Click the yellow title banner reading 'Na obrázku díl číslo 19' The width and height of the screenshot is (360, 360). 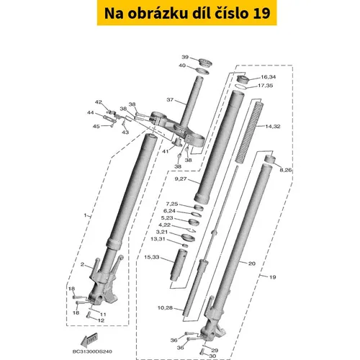coord(186,13)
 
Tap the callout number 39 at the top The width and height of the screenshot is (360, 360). coord(185,57)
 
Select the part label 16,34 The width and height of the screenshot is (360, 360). coord(269,77)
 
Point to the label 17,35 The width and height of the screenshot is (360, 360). coord(266,86)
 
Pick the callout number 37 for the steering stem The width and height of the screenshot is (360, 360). coord(170,99)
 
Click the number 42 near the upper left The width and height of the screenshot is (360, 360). coord(99,102)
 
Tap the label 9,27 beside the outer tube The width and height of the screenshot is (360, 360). coord(181,179)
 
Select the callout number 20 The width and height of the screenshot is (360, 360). coord(252,264)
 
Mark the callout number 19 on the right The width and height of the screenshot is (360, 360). coord(272,277)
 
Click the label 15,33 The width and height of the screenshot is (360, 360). coord(152,257)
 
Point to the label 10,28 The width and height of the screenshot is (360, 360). coord(166,307)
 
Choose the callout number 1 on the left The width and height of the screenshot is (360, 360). coord(85,215)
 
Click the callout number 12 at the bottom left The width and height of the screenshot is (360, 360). coord(102,320)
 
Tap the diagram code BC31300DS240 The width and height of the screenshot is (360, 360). coord(92,351)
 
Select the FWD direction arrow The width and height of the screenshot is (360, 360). coord(89,338)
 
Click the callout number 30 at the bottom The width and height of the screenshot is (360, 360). coord(212,356)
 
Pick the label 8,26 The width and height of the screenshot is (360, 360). coord(286,170)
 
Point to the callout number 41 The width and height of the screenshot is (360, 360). coord(165,151)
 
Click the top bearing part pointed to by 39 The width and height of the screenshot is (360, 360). coord(204,63)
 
